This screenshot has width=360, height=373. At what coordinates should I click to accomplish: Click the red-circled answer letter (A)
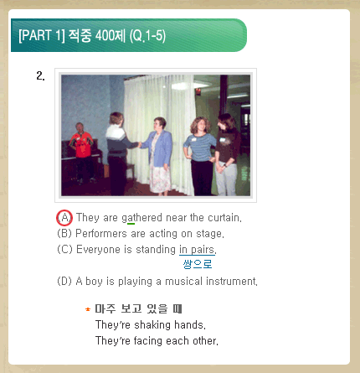64,218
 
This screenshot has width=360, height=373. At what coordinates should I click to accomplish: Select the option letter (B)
64,233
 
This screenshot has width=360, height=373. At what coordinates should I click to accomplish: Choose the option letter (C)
64,249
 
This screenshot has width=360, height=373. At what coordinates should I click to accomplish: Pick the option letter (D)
64,281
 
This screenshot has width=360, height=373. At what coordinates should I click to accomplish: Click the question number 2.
40,75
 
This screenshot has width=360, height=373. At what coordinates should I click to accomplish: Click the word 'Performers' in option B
101,233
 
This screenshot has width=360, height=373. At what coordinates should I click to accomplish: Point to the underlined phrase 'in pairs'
197,250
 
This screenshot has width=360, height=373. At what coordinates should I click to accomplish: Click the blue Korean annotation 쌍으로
198,264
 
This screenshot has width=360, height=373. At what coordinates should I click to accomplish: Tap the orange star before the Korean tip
88,309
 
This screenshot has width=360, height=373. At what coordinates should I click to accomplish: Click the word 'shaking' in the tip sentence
152,325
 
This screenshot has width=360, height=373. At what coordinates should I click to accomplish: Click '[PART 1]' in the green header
42,35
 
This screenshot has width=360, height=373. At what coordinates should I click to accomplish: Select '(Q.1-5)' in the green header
147,36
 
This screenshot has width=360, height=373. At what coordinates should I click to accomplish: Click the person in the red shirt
80,153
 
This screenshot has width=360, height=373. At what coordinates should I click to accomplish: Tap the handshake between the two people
139,144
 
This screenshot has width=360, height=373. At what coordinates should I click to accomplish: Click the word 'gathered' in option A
141,218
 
